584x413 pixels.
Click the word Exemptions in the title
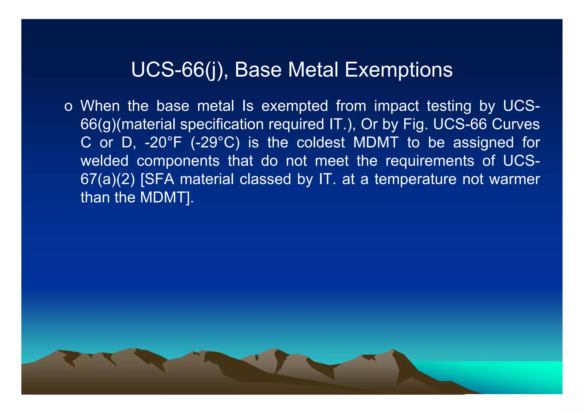point(398,70)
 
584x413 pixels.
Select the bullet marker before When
point(68,106)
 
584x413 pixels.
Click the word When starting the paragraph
point(100,106)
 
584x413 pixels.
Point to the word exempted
point(295,106)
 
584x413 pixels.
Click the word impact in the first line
point(396,106)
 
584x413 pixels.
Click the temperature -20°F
point(163,142)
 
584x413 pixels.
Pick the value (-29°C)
point(215,142)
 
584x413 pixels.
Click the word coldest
point(321,142)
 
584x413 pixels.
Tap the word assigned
point(483,142)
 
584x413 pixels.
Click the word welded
point(104,161)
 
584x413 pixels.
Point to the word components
point(178,161)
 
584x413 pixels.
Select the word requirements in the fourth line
point(430,161)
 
